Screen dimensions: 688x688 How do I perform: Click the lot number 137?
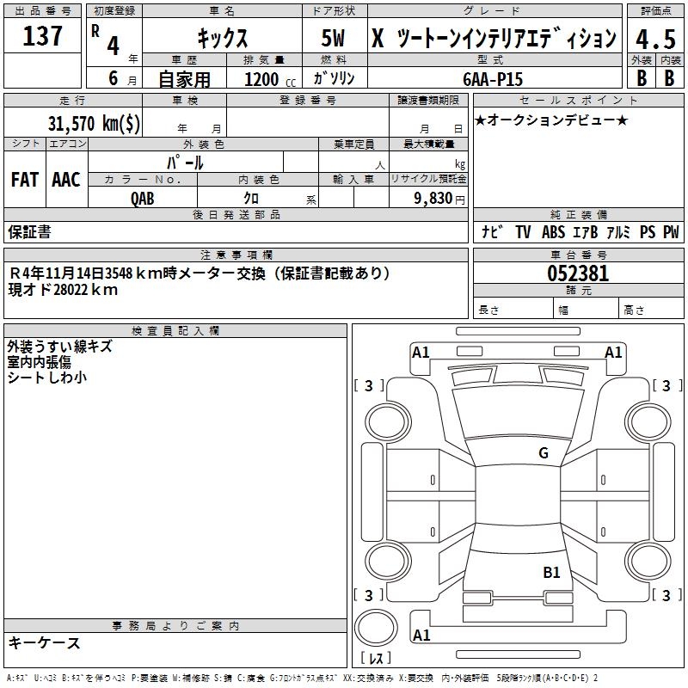pos(43,37)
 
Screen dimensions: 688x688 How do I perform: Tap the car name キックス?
pos(222,39)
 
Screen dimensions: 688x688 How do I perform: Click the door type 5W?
pos(335,39)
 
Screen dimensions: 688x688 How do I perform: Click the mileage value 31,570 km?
pos(83,124)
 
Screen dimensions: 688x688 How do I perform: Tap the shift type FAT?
pos(25,180)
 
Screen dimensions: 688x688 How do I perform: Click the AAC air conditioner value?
pos(65,180)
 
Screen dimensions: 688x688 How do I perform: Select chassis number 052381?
pos(578,274)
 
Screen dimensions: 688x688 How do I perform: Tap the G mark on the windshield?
pos(543,453)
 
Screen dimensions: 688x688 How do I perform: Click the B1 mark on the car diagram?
pos(551,572)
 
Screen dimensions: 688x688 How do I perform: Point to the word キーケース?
pos(44,643)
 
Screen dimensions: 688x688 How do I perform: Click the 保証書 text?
pos(29,232)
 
